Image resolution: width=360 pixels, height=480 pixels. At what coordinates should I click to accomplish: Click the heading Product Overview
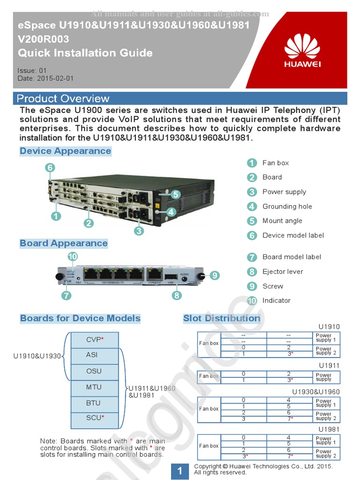[x=63, y=98]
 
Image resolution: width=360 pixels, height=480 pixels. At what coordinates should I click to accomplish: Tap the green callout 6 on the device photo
[x=50, y=167]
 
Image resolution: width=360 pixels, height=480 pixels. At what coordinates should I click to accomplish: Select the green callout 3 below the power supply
[x=139, y=230]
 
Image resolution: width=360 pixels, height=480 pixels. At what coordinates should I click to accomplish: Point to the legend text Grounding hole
[x=287, y=206]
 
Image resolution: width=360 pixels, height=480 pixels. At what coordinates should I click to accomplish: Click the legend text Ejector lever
[x=283, y=271]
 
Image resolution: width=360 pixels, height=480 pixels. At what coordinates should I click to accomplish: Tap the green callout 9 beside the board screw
[x=214, y=276]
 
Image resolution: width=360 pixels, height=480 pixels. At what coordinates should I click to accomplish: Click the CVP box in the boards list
[x=95, y=339]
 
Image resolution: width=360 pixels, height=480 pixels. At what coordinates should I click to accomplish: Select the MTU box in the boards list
[x=94, y=387]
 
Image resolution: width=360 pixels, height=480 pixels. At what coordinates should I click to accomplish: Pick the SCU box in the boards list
[x=95, y=418]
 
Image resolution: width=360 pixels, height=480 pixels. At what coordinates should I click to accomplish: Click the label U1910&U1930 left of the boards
[x=37, y=356]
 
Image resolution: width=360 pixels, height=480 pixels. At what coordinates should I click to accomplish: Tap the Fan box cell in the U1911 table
[x=209, y=376]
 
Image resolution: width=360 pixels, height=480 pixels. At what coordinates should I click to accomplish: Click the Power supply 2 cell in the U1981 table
[x=326, y=453]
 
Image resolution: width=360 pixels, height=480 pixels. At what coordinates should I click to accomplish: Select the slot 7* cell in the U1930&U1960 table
[x=289, y=419]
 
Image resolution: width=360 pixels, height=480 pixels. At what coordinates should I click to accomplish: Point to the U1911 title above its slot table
[x=329, y=365]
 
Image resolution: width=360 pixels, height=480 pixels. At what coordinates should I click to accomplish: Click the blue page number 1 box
[x=180, y=471]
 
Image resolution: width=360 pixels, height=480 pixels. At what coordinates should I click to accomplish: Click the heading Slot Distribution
[x=221, y=318]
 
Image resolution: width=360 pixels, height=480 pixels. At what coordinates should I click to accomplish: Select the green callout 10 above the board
[x=72, y=256]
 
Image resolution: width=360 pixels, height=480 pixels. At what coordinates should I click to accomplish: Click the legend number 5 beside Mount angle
[x=252, y=221]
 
